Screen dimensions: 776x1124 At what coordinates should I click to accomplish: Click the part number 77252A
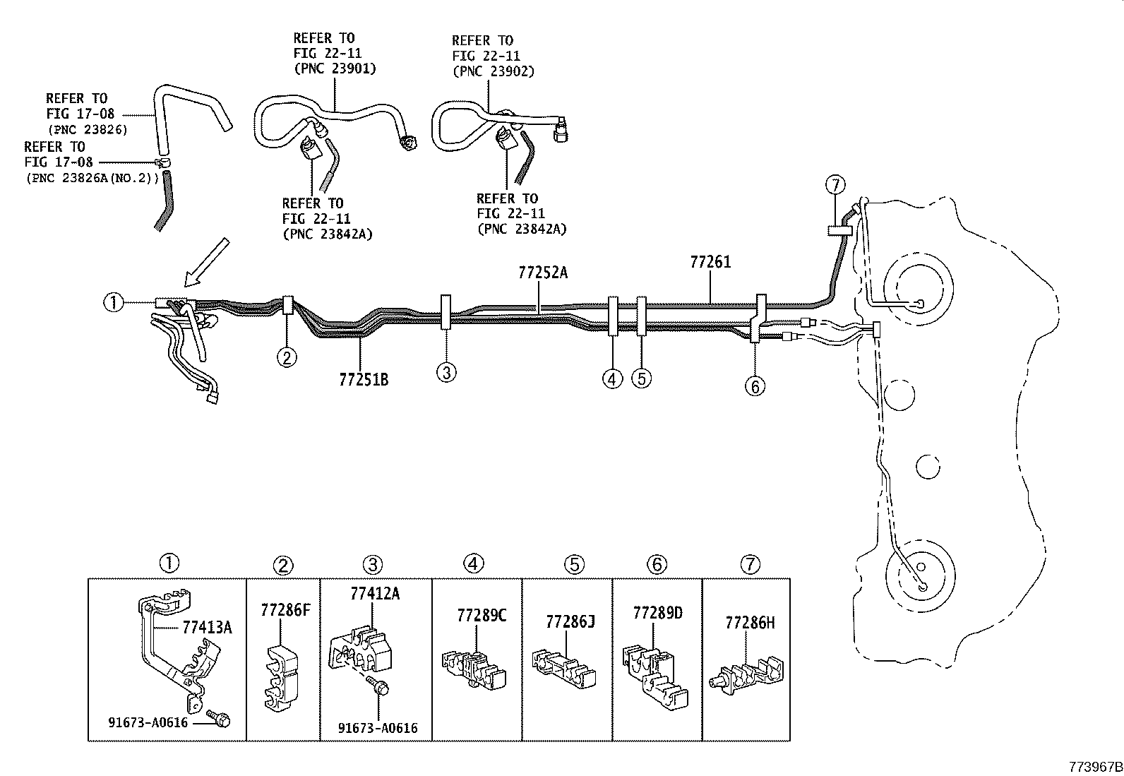[542, 273]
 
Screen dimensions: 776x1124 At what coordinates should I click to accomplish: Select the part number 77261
[710, 263]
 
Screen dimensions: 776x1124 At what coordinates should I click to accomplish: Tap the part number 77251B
[364, 380]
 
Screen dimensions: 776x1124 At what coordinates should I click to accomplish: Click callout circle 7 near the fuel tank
[835, 185]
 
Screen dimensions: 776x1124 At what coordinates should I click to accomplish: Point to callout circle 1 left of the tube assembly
[112, 303]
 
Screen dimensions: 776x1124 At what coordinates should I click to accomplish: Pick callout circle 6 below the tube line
[755, 386]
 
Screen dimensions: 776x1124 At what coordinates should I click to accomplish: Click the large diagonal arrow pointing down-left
[204, 263]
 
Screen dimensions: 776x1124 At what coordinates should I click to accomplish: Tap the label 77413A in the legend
[207, 626]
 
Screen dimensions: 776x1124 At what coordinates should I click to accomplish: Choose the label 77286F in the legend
[285, 610]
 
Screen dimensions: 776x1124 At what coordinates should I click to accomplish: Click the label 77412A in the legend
[374, 594]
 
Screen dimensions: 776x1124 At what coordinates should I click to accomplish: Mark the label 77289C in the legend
[482, 615]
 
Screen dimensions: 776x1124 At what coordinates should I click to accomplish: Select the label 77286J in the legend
[570, 621]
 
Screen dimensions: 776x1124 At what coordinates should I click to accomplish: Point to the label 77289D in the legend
[658, 612]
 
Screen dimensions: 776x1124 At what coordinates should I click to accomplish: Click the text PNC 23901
[335, 68]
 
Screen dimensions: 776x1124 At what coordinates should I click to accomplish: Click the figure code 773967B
[1094, 767]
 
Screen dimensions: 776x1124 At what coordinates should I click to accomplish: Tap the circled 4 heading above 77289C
[474, 563]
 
